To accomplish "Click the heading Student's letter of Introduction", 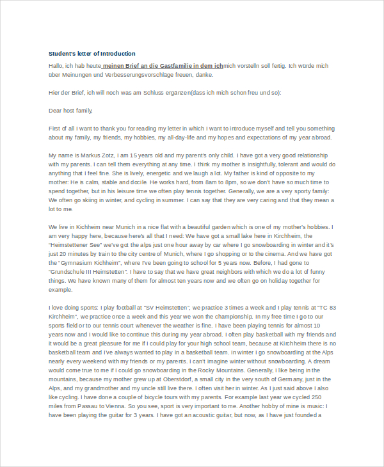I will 92,53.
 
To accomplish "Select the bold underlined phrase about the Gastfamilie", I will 163,65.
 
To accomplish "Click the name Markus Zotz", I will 100,155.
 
